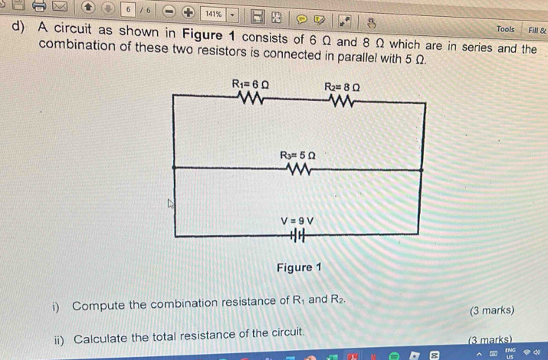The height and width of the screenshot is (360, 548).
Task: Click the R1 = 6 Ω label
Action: [250, 84]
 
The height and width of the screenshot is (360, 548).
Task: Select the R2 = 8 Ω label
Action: [342, 87]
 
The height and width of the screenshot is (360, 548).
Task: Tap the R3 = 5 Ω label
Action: [298, 155]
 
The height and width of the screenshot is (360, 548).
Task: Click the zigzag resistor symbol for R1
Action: [250, 98]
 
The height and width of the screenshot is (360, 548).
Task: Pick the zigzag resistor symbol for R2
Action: [342, 101]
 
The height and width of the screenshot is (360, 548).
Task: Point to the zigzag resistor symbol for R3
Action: [298, 169]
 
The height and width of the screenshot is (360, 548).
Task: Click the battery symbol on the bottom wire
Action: [297, 235]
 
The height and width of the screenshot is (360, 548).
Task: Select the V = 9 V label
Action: [297, 221]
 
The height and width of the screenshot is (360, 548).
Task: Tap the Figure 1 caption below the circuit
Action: [299, 267]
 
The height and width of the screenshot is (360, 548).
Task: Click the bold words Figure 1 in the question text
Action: [208, 34]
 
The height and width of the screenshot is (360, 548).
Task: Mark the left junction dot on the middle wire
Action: [174, 168]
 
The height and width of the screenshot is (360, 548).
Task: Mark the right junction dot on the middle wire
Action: [421, 170]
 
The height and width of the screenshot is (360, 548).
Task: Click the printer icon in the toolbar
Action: [39, 5]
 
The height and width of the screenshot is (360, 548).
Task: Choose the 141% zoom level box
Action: [214, 14]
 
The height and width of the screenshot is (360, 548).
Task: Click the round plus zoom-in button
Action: [188, 12]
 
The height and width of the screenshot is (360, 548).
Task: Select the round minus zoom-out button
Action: [169, 11]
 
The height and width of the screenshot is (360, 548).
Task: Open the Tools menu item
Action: [505, 29]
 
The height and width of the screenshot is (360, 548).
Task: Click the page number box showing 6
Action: [128, 9]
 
